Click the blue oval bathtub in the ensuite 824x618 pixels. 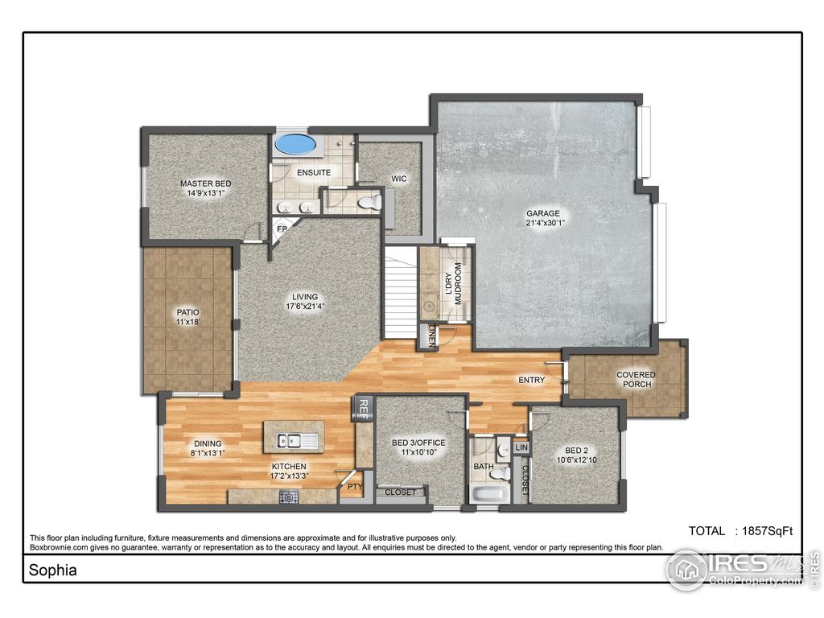pos(295,145)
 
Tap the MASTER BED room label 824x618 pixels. pos(205,183)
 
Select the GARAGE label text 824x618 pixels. pos(543,213)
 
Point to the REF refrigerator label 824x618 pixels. pos(364,409)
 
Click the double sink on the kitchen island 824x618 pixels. pos(289,440)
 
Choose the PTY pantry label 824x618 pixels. pos(352,486)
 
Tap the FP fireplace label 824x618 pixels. pos(282,229)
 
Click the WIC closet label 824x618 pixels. pos(398,179)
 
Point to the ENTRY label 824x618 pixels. pos(531,380)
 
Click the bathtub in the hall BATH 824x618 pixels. pos(488,492)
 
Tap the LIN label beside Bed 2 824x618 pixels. pos(521,447)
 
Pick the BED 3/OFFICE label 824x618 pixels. pos(418,443)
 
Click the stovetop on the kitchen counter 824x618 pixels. pos(289,497)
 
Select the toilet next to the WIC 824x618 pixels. pos(372,202)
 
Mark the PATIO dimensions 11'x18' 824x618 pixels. pos(187,322)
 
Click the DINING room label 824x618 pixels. pos(208,443)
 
